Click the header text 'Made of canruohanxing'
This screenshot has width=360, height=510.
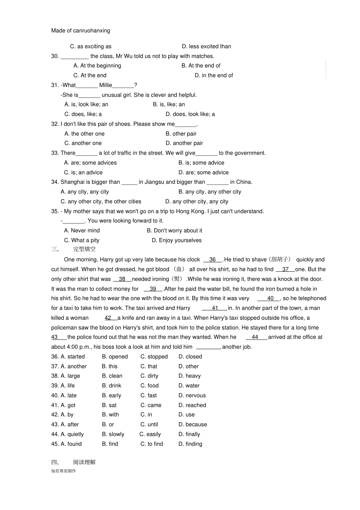pos(81,31)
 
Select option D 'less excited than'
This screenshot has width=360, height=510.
pos(206,47)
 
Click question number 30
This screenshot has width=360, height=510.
pos(55,56)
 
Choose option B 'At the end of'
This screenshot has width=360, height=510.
pos(201,66)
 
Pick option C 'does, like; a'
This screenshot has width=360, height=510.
pos(83,114)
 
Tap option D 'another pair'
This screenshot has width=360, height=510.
pos(184,143)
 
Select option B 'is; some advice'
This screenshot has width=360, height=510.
pos(201,163)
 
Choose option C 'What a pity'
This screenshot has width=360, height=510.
pos(82,240)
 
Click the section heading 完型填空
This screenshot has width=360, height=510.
pos(84,249)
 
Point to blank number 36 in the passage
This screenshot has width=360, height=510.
pos(212,260)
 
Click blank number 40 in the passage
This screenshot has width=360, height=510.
pos(270,298)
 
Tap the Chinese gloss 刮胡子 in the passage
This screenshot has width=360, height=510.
pos(280,260)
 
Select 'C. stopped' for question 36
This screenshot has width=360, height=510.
pos(154,357)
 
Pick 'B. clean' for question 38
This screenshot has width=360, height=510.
pos(112,376)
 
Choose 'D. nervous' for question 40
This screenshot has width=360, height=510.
pos(192,395)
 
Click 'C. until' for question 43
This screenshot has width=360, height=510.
pos(149,424)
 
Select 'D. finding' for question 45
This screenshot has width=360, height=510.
pos(190,444)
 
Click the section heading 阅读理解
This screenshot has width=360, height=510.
pos(84,462)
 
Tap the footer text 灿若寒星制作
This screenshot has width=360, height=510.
pos(64,471)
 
